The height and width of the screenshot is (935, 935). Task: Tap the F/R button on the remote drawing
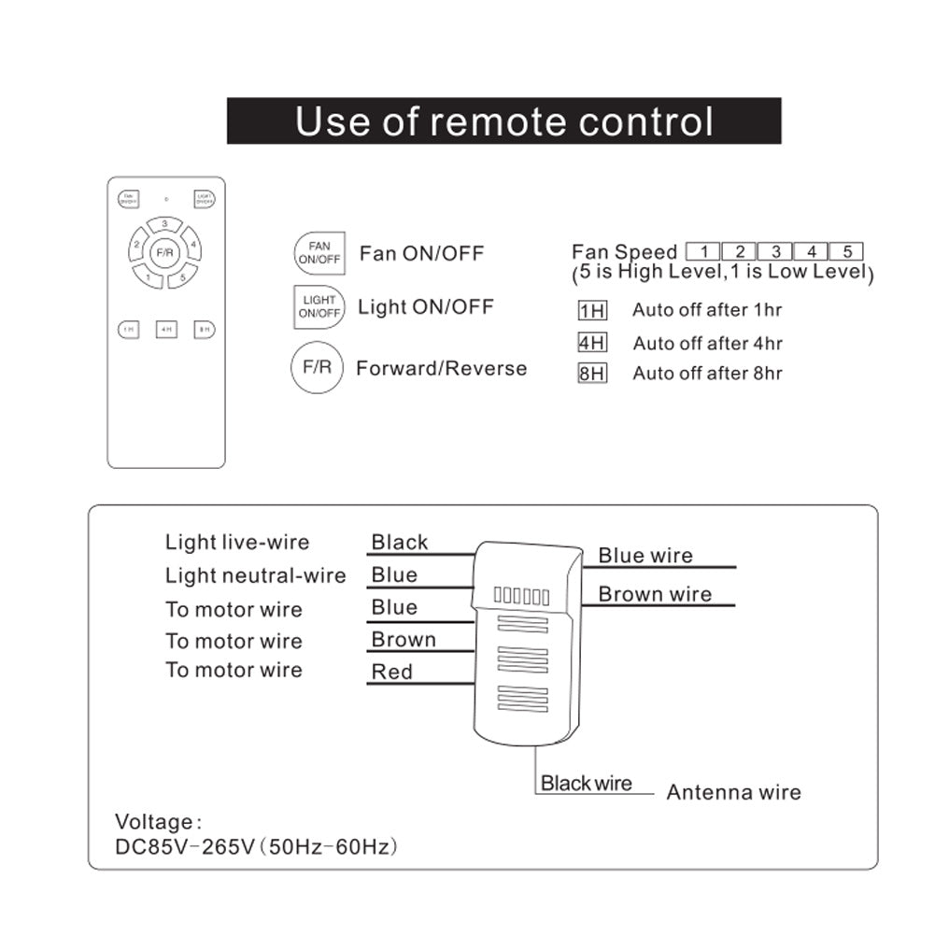(165, 251)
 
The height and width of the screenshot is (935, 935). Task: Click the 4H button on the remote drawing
(166, 329)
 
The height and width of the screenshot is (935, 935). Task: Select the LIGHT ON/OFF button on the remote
(205, 198)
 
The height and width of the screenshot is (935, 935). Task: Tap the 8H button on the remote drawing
(205, 329)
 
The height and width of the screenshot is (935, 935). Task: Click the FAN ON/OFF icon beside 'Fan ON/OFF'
(319, 253)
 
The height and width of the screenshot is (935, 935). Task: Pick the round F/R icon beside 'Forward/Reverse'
(317, 368)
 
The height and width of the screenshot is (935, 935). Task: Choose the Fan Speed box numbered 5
(846, 251)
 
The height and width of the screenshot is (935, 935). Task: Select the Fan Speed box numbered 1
(702, 251)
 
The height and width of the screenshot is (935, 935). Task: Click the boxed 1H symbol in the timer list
(592, 311)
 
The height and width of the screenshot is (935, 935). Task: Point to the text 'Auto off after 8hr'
(707, 374)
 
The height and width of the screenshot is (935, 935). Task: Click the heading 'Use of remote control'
(503, 121)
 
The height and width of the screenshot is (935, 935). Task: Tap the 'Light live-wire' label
(237, 543)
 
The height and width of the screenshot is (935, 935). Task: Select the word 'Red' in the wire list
(392, 672)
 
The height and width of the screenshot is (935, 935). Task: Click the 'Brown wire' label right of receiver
(655, 594)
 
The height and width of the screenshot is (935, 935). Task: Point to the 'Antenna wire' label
(733, 793)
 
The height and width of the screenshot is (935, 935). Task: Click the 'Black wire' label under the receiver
(587, 784)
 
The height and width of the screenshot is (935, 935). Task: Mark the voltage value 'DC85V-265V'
(184, 847)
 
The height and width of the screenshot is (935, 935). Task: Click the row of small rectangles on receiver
(521, 596)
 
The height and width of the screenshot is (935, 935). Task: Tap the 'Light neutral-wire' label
(256, 575)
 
